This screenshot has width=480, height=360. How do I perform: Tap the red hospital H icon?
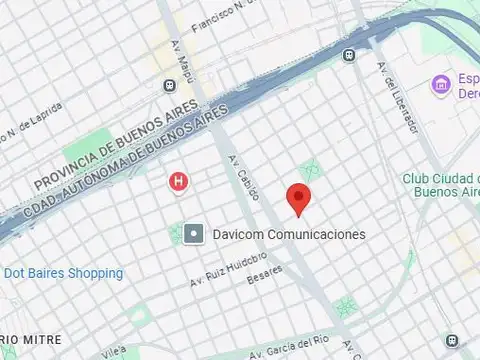coord(178,182)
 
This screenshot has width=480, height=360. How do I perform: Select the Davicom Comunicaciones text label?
coord(289,234)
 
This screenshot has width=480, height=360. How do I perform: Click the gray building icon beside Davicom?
coord(194,234)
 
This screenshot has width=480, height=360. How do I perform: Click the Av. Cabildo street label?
coord(244,179)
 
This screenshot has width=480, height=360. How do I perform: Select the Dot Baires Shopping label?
coord(63,273)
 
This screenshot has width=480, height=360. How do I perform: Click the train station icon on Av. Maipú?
coord(169,86)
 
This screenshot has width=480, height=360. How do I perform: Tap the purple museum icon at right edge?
coord(438,85)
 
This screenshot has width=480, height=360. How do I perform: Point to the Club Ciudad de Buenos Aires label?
coord(440,186)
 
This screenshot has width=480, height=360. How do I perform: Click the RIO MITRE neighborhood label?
coord(30,340)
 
